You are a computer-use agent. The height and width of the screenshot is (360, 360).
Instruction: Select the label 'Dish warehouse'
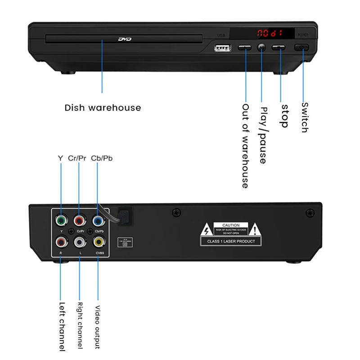coord(103,108)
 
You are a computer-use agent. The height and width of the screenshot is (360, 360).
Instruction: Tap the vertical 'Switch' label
coord(305,117)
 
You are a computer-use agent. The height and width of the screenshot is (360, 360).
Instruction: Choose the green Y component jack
coord(61,220)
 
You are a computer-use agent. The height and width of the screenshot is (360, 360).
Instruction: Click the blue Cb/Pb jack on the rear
coord(99,220)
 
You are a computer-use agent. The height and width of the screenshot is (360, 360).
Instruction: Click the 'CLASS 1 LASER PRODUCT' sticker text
coord(231,242)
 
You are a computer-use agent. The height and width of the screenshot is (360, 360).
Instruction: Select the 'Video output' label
coord(97,327)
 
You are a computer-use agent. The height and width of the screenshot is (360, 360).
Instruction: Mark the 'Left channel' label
coord(62,326)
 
